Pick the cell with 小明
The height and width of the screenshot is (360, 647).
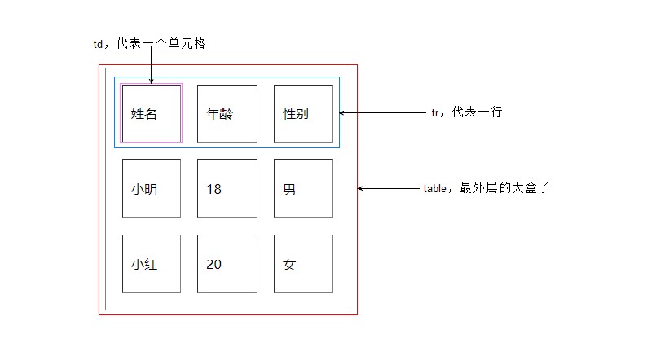[x=152, y=188]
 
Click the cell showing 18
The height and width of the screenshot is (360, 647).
[x=227, y=188]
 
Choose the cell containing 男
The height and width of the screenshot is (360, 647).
[x=303, y=188]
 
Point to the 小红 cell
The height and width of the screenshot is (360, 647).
[x=152, y=264]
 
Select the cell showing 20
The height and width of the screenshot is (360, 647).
[x=227, y=264]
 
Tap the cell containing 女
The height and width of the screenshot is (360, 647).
[x=303, y=264]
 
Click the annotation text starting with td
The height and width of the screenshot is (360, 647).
[x=149, y=44]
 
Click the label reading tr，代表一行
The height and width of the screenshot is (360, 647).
[x=466, y=112]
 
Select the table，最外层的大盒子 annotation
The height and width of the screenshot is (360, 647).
[x=486, y=188]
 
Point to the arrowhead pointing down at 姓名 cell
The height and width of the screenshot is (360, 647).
[x=152, y=81]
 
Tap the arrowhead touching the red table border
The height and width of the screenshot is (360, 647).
[x=361, y=189]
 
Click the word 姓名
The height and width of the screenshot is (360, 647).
[x=143, y=114]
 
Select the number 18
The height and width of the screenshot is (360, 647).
[x=213, y=190]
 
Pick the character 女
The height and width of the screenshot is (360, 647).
[x=289, y=265]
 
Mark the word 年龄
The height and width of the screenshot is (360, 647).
[x=220, y=114]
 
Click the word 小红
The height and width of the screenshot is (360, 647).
[x=143, y=265]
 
